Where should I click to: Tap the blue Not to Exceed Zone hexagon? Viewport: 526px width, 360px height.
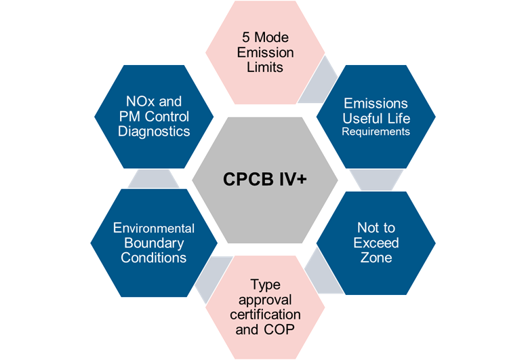376,243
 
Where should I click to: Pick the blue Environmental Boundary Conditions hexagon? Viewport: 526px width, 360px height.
153,243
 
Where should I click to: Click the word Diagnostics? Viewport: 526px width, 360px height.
154,131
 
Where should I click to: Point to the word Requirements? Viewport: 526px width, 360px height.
376,132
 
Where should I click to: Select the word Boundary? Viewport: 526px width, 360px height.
153,243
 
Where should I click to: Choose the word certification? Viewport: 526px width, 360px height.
264,315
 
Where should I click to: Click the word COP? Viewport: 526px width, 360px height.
280,330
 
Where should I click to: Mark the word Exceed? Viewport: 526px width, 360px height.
376,243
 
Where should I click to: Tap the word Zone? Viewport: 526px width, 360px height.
376,258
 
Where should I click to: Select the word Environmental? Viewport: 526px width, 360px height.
154,228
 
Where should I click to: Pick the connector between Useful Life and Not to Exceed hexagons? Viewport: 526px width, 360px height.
376,178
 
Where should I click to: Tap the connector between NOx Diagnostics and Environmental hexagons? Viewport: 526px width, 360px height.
153,178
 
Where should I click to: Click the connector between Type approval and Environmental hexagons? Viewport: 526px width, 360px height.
207,278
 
